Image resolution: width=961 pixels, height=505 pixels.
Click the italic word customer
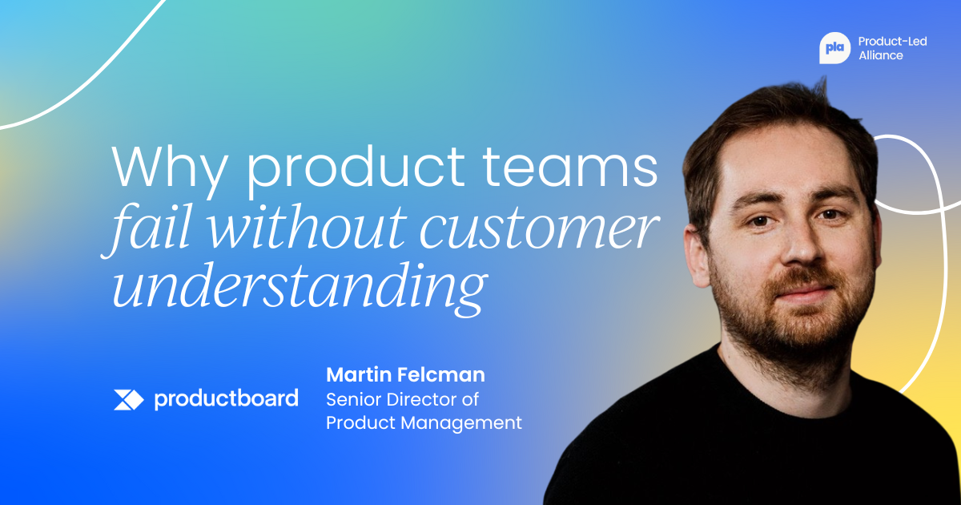click(539, 231)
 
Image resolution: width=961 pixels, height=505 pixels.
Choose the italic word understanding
click(300, 288)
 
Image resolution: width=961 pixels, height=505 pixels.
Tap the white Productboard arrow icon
click(128, 400)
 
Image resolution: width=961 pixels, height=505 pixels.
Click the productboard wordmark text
click(226, 399)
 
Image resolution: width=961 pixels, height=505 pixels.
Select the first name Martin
click(358, 374)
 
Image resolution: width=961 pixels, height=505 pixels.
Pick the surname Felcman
click(441, 374)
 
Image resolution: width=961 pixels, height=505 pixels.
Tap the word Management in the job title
click(461, 423)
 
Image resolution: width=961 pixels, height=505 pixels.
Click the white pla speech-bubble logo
click(834, 48)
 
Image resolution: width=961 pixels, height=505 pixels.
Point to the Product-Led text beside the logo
click(892, 41)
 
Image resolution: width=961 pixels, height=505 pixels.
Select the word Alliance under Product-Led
click(881, 55)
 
